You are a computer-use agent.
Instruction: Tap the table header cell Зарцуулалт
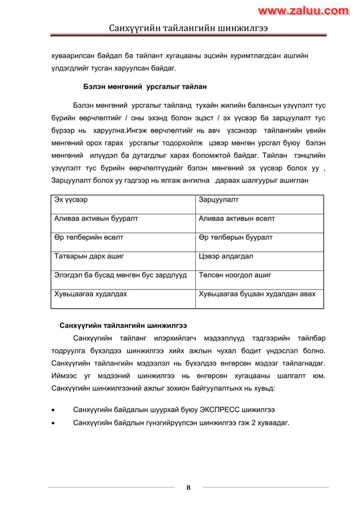219,199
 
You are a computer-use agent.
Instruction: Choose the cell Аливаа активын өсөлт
237,218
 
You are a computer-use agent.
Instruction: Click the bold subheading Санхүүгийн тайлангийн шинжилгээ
123,326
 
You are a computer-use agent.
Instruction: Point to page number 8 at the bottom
188,488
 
